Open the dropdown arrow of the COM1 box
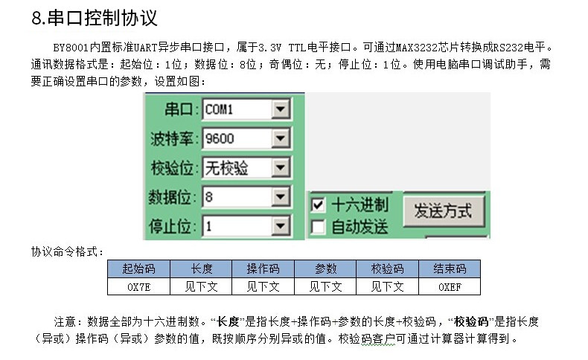[x=279, y=110]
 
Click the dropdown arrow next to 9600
[x=279, y=138]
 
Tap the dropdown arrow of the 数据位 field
[x=279, y=197]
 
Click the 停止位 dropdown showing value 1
[x=245, y=225]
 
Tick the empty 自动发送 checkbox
[x=319, y=225]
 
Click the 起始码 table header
[x=138, y=269]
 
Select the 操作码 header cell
[x=263, y=269]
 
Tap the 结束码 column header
[x=450, y=269]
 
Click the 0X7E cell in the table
[x=138, y=286]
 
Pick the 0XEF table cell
[x=450, y=286]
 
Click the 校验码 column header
[x=388, y=269]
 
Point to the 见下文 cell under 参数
[x=325, y=286]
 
